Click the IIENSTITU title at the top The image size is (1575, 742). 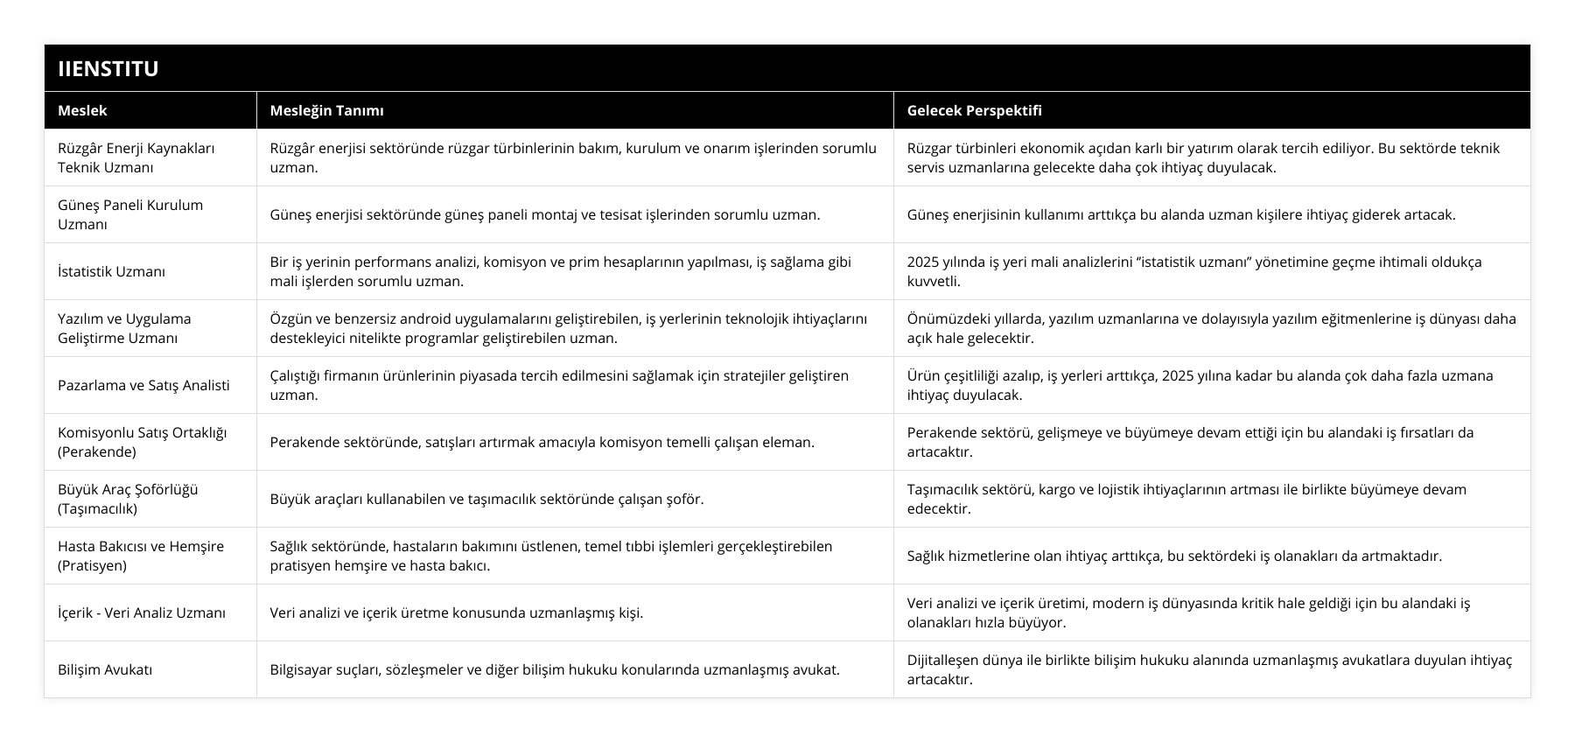coord(108,68)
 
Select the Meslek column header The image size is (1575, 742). coord(82,110)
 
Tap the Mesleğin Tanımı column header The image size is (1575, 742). coord(326,110)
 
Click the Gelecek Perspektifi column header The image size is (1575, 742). coord(974,110)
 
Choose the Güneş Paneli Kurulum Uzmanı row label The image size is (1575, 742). coord(130,214)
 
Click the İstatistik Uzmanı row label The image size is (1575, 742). coord(111,271)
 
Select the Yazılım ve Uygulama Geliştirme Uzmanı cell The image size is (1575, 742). coord(124,328)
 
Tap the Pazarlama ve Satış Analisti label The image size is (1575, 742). coord(143,385)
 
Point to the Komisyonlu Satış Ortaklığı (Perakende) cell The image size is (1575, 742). coord(142,442)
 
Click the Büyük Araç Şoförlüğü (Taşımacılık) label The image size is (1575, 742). coord(128,499)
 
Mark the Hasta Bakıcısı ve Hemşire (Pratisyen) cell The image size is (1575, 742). coord(141,556)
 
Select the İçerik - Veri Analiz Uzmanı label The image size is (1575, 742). coord(142,612)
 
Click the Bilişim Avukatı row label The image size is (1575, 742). coord(105,669)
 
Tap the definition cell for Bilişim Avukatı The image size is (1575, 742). coord(555,669)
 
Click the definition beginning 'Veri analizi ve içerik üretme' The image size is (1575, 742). coord(456,612)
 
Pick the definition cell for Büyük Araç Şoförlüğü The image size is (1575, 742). coord(486,499)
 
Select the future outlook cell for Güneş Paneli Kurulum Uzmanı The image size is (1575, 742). coord(1181,214)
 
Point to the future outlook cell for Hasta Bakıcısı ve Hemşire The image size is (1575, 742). coord(1174,556)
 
